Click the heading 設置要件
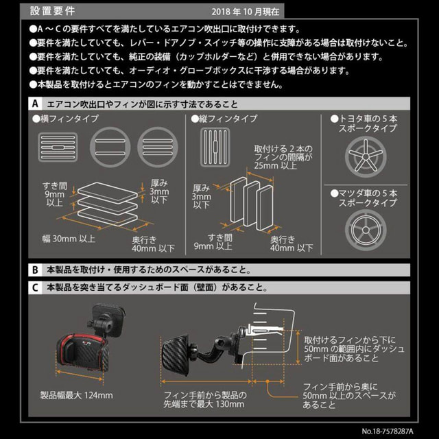click(52, 11)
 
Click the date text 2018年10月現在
click(246, 12)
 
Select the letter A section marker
click(35, 104)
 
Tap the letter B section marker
click(35, 270)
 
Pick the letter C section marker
click(35, 287)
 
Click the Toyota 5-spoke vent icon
click(366, 157)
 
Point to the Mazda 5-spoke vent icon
click(366, 230)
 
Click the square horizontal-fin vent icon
click(58, 147)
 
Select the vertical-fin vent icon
click(215, 147)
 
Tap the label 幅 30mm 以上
click(69, 239)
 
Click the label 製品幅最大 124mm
click(76, 395)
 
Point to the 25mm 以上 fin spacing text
click(275, 165)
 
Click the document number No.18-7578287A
click(387, 431)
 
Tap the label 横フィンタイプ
click(65, 119)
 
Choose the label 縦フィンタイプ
click(224, 119)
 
